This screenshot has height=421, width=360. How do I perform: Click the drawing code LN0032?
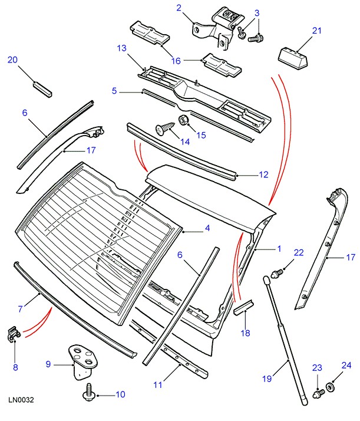click(21, 400)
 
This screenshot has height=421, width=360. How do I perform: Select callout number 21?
click(317, 31)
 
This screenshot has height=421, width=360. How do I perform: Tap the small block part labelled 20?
click(42, 89)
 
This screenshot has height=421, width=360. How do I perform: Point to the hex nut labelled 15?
click(183, 120)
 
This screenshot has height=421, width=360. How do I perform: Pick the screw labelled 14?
click(165, 129)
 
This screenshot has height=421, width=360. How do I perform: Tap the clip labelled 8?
click(14, 334)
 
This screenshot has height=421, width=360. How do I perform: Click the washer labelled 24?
click(330, 387)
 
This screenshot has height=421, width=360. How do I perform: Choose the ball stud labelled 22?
click(276, 274)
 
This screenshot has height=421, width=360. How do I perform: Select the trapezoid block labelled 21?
click(294, 58)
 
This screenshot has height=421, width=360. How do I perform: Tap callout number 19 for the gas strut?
click(267, 379)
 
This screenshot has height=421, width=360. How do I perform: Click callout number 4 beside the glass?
click(207, 228)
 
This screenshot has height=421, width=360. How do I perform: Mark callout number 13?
click(122, 48)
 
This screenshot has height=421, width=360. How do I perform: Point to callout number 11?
click(158, 385)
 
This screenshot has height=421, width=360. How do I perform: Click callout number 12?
click(264, 175)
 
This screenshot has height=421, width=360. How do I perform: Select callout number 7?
click(21, 309)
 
